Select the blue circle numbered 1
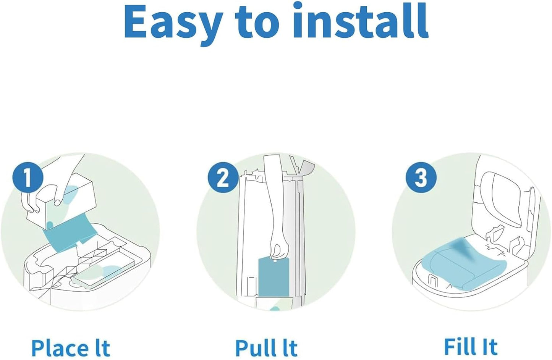click(27, 178)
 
